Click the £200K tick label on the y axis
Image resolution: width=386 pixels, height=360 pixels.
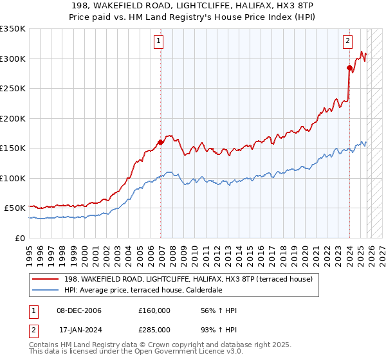click(13, 118)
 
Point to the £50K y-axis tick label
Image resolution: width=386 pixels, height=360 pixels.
click(15, 208)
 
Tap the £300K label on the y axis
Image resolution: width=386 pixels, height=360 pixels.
click(13, 59)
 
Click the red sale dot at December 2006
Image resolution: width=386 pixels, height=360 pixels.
click(160, 143)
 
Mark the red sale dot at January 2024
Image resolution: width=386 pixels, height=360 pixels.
click(349, 67)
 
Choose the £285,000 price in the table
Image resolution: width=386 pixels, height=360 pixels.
click(154, 330)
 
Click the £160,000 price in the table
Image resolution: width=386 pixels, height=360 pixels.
click(154, 310)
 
